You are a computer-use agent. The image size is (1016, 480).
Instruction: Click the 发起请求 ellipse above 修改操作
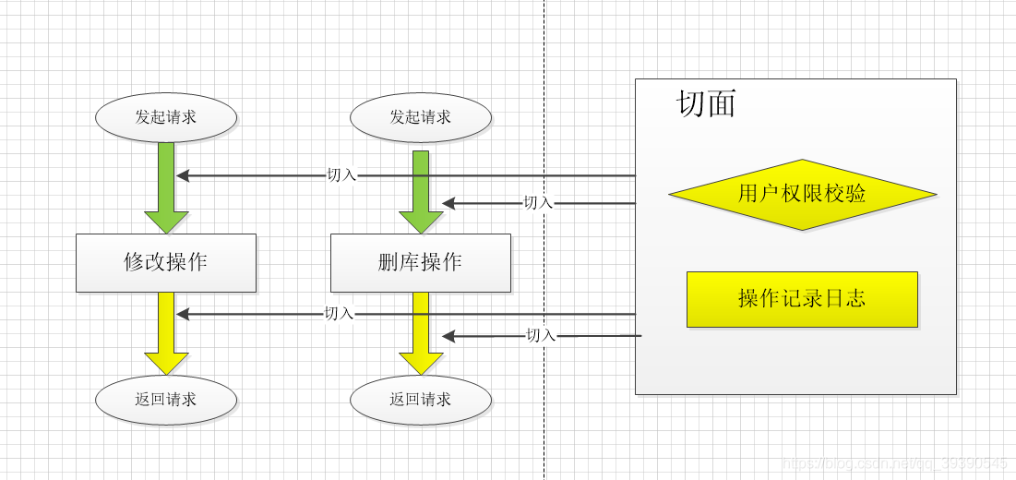click(166, 117)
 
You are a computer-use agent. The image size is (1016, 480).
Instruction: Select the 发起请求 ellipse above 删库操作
click(421, 117)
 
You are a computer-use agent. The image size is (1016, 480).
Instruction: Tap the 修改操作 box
click(166, 262)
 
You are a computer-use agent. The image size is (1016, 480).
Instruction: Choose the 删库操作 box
click(421, 262)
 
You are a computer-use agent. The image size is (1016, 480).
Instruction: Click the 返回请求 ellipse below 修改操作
click(166, 400)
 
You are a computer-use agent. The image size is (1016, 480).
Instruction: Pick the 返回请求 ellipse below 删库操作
click(421, 400)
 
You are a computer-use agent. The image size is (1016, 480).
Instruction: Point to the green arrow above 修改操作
click(166, 189)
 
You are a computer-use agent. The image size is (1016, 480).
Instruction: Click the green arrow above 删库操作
click(421, 191)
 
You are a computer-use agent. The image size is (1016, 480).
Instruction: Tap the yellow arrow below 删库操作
click(421, 334)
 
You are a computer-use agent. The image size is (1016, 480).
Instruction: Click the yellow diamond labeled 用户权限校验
click(802, 194)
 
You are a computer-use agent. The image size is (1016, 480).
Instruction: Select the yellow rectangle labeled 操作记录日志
click(802, 299)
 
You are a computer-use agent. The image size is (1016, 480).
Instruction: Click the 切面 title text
click(707, 103)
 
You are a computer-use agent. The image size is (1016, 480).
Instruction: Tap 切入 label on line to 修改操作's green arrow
click(341, 174)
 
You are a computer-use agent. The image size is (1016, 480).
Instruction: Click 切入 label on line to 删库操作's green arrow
click(538, 203)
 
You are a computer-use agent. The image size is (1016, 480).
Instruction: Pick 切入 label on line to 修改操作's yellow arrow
click(339, 314)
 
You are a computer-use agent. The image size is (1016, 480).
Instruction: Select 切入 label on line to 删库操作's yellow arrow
click(541, 336)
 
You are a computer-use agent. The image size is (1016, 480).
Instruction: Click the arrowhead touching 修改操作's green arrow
click(183, 174)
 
